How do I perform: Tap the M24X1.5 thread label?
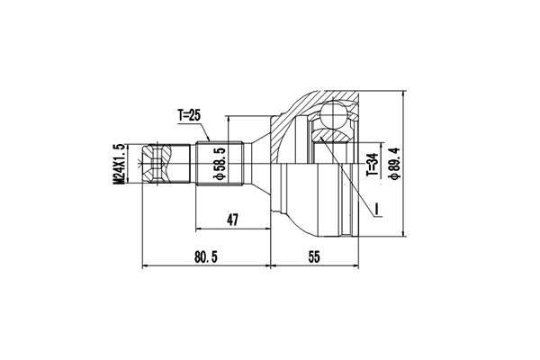point(118,164)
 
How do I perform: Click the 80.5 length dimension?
point(207,257)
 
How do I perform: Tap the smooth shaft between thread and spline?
point(184,165)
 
